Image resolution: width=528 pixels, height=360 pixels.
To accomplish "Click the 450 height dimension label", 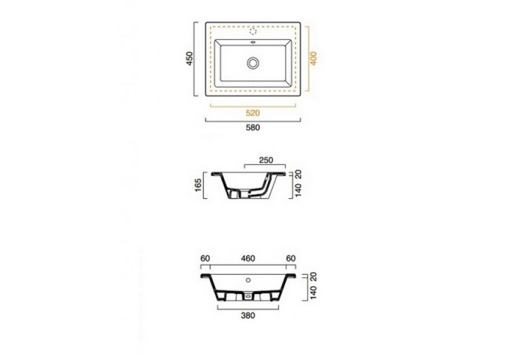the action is (x=190, y=58).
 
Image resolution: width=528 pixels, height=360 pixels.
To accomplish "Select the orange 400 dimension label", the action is (x=313, y=58).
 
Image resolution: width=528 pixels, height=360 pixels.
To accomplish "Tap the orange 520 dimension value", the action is (x=253, y=113).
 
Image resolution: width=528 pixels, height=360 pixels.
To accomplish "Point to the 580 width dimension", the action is (x=253, y=128).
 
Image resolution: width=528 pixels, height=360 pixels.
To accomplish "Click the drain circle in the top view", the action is (x=253, y=63).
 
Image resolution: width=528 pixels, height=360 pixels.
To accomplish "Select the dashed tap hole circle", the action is (x=253, y=32).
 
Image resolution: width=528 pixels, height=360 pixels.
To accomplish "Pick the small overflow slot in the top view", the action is (x=253, y=43).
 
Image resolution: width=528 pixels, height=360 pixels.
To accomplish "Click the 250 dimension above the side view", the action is (x=266, y=160).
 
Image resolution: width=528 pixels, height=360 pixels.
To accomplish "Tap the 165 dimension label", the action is (x=198, y=185).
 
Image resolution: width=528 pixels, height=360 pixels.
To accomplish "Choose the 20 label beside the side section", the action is (x=298, y=174).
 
